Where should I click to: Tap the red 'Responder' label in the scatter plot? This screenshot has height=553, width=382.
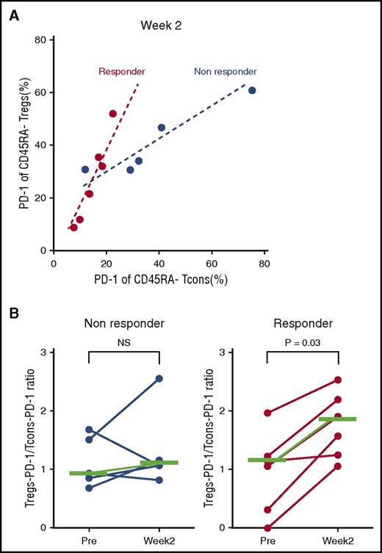(x=121, y=72)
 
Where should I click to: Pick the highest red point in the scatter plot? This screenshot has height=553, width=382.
(x=113, y=114)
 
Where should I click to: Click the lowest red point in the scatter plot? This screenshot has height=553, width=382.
(x=73, y=228)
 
